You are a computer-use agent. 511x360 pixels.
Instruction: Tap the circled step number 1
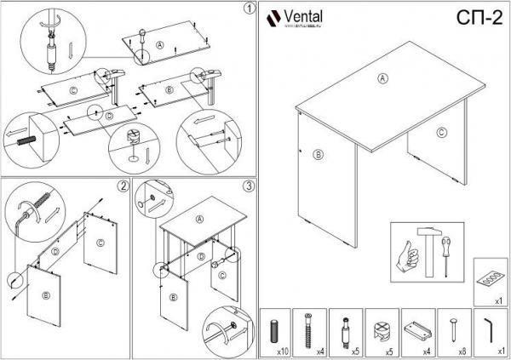pyautogui.click(x=248, y=9)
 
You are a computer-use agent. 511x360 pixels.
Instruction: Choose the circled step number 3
pyautogui.click(x=248, y=186)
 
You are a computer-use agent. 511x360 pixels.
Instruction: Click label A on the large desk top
pyautogui.click(x=382, y=77)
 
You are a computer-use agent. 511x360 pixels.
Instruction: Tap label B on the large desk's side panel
pyautogui.click(x=318, y=155)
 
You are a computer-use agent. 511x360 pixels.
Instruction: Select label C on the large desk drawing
pyautogui.click(x=440, y=132)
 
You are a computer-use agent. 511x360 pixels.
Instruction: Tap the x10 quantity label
pyautogui.click(x=280, y=349)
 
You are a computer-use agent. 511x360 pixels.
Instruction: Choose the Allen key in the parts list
pyautogui.click(x=490, y=328)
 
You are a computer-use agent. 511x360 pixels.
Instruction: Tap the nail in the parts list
pyautogui.click(x=452, y=329)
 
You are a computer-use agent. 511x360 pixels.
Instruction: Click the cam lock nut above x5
pyautogui.click(x=381, y=328)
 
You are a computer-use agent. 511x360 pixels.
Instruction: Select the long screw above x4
pyautogui.click(x=309, y=329)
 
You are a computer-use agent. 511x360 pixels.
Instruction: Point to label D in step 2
pyautogui.click(x=54, y=253)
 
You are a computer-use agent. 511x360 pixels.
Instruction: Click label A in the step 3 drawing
pyautogui.click(x=200, y=219)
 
